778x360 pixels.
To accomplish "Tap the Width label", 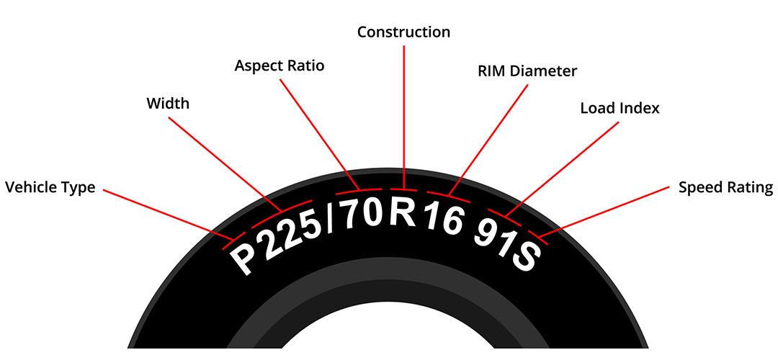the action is point(168,104).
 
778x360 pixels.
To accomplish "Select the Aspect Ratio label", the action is point(280,66).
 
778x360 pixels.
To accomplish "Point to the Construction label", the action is point(404,32).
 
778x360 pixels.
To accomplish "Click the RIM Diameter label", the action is point(527,71).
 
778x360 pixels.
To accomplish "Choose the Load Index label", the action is point(620,108).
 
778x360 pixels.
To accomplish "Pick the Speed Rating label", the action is point(725,188).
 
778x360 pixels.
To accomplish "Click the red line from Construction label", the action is point(404,117).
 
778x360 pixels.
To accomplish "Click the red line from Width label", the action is point(225,163).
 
